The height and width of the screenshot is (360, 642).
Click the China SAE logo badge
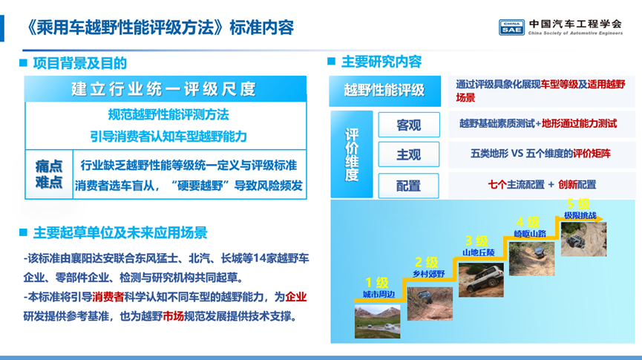click(x=511, y=27)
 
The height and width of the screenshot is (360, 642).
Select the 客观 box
click(x=409, y=125)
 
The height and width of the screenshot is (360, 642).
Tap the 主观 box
click(x=409, y=154)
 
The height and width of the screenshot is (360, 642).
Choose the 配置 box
click(x=409, y=186)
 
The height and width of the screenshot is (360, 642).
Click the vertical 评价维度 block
click(x=352, y=154)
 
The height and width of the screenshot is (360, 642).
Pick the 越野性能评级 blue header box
click(x=385, y=91)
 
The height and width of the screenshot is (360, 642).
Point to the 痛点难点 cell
click(x=49, y=174)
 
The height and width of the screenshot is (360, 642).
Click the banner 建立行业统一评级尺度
click(x=166, y=88)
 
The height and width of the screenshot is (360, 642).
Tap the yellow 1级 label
click(x=377, y=282)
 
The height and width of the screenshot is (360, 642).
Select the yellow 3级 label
click(x=476, y=240)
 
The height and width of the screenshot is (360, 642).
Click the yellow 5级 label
click(x=578, y=203)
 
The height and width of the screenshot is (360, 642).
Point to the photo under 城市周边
click(x=377, y=321)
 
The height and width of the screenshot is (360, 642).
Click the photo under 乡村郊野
click(x=430, y=304)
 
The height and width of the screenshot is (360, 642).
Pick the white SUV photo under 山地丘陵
click(x=481, y=281)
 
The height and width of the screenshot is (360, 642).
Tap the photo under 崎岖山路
click(x=532, y=258)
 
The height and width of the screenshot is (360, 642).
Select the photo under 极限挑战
click(x=583, y=239)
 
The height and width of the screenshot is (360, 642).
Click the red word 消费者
click(x=108, y=297)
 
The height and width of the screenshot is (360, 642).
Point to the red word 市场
click(x=173, y=316)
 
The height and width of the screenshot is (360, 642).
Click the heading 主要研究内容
click(x=381, y=62)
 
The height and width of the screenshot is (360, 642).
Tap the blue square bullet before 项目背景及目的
click(x=23, y=62)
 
